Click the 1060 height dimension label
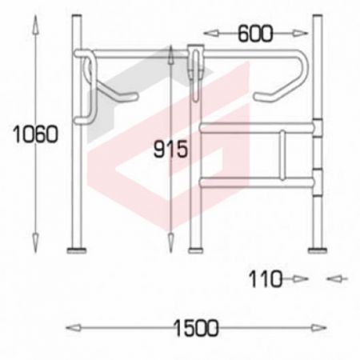pos(35,134)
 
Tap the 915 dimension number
pos(170,149)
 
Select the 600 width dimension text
pos(255,34)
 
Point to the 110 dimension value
pos(266,279)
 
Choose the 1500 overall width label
pos(196,328)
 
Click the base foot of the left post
pos(77,250)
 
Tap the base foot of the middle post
pos(196,250)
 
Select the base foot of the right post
pos(318,250)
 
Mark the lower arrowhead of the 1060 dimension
pos(36,243)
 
